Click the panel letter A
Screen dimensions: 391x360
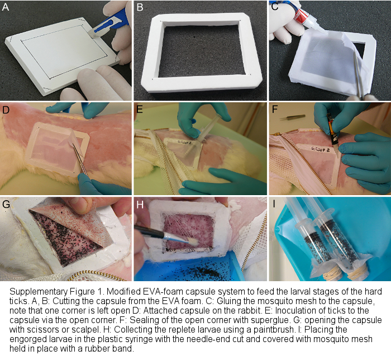pos(5,7)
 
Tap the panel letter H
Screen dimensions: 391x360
pos(140,205)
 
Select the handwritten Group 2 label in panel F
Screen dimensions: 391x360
pos(320,150)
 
